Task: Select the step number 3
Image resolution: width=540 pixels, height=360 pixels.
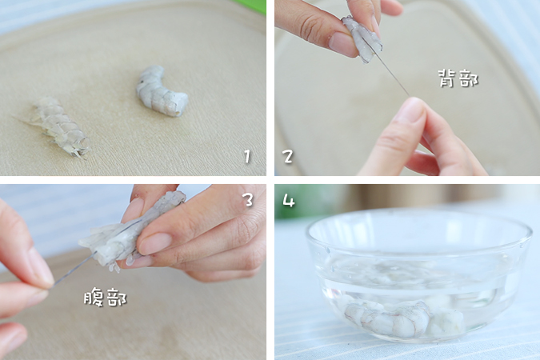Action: click(248, 200)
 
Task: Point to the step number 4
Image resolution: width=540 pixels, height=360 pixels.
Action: click(288, 200)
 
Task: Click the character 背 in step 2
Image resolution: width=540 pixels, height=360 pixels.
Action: click(447, 78)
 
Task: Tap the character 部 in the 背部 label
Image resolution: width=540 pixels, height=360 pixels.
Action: click(469, 78)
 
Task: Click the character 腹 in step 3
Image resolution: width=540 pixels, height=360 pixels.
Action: click(94, 298)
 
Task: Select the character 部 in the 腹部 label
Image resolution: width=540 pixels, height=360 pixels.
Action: click(117, 298)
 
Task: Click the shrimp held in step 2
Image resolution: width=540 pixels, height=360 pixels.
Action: click(362, 38)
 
